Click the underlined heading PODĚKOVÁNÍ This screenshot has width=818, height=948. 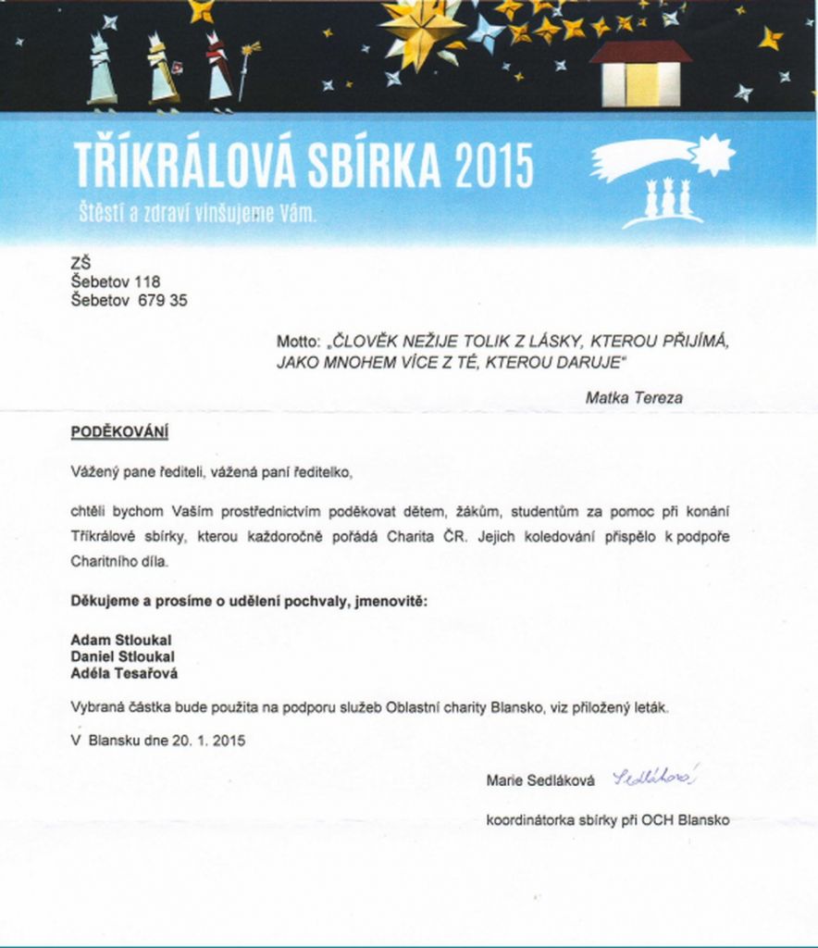click(x=119, y=432)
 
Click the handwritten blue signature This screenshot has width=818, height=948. click(x=654, y=778)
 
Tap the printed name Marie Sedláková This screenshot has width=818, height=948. click(x=540, y=781)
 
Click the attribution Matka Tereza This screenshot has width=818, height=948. click(x=634, y=397)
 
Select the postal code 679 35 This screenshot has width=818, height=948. click(x=163, y=300)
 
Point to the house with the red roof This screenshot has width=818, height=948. click(x=640, y=74)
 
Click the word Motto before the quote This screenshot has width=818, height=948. click(x=297, y=342)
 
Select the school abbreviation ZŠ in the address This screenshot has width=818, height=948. click(x=81, y=264)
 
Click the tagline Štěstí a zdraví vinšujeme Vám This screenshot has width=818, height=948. click(x=196, y=213)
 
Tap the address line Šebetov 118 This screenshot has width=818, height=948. click(x=116, y=281)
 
